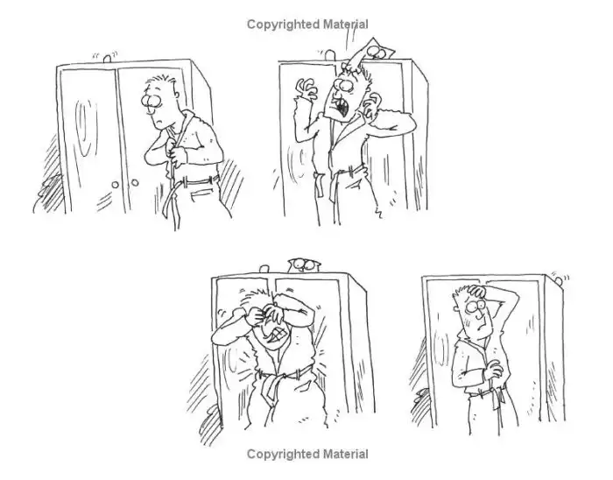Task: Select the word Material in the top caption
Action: (346, 25)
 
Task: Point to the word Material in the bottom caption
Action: (346, 455)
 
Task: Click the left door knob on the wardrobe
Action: (116, 185)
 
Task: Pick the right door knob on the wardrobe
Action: (135, 182)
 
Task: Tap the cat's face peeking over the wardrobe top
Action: (304, 265)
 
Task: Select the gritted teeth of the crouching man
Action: (279, 334)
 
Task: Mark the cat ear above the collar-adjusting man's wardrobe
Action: (107, 59)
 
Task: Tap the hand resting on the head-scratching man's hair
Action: (477, 291)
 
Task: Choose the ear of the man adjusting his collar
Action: (177, 95)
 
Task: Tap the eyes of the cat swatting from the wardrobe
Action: (376, 51)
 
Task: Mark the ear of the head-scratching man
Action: (456, 308)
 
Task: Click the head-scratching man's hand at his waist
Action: (493, 371)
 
